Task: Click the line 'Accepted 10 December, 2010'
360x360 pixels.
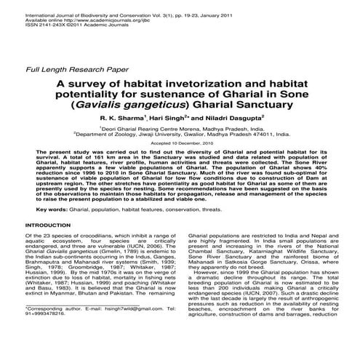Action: pos(179,145)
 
